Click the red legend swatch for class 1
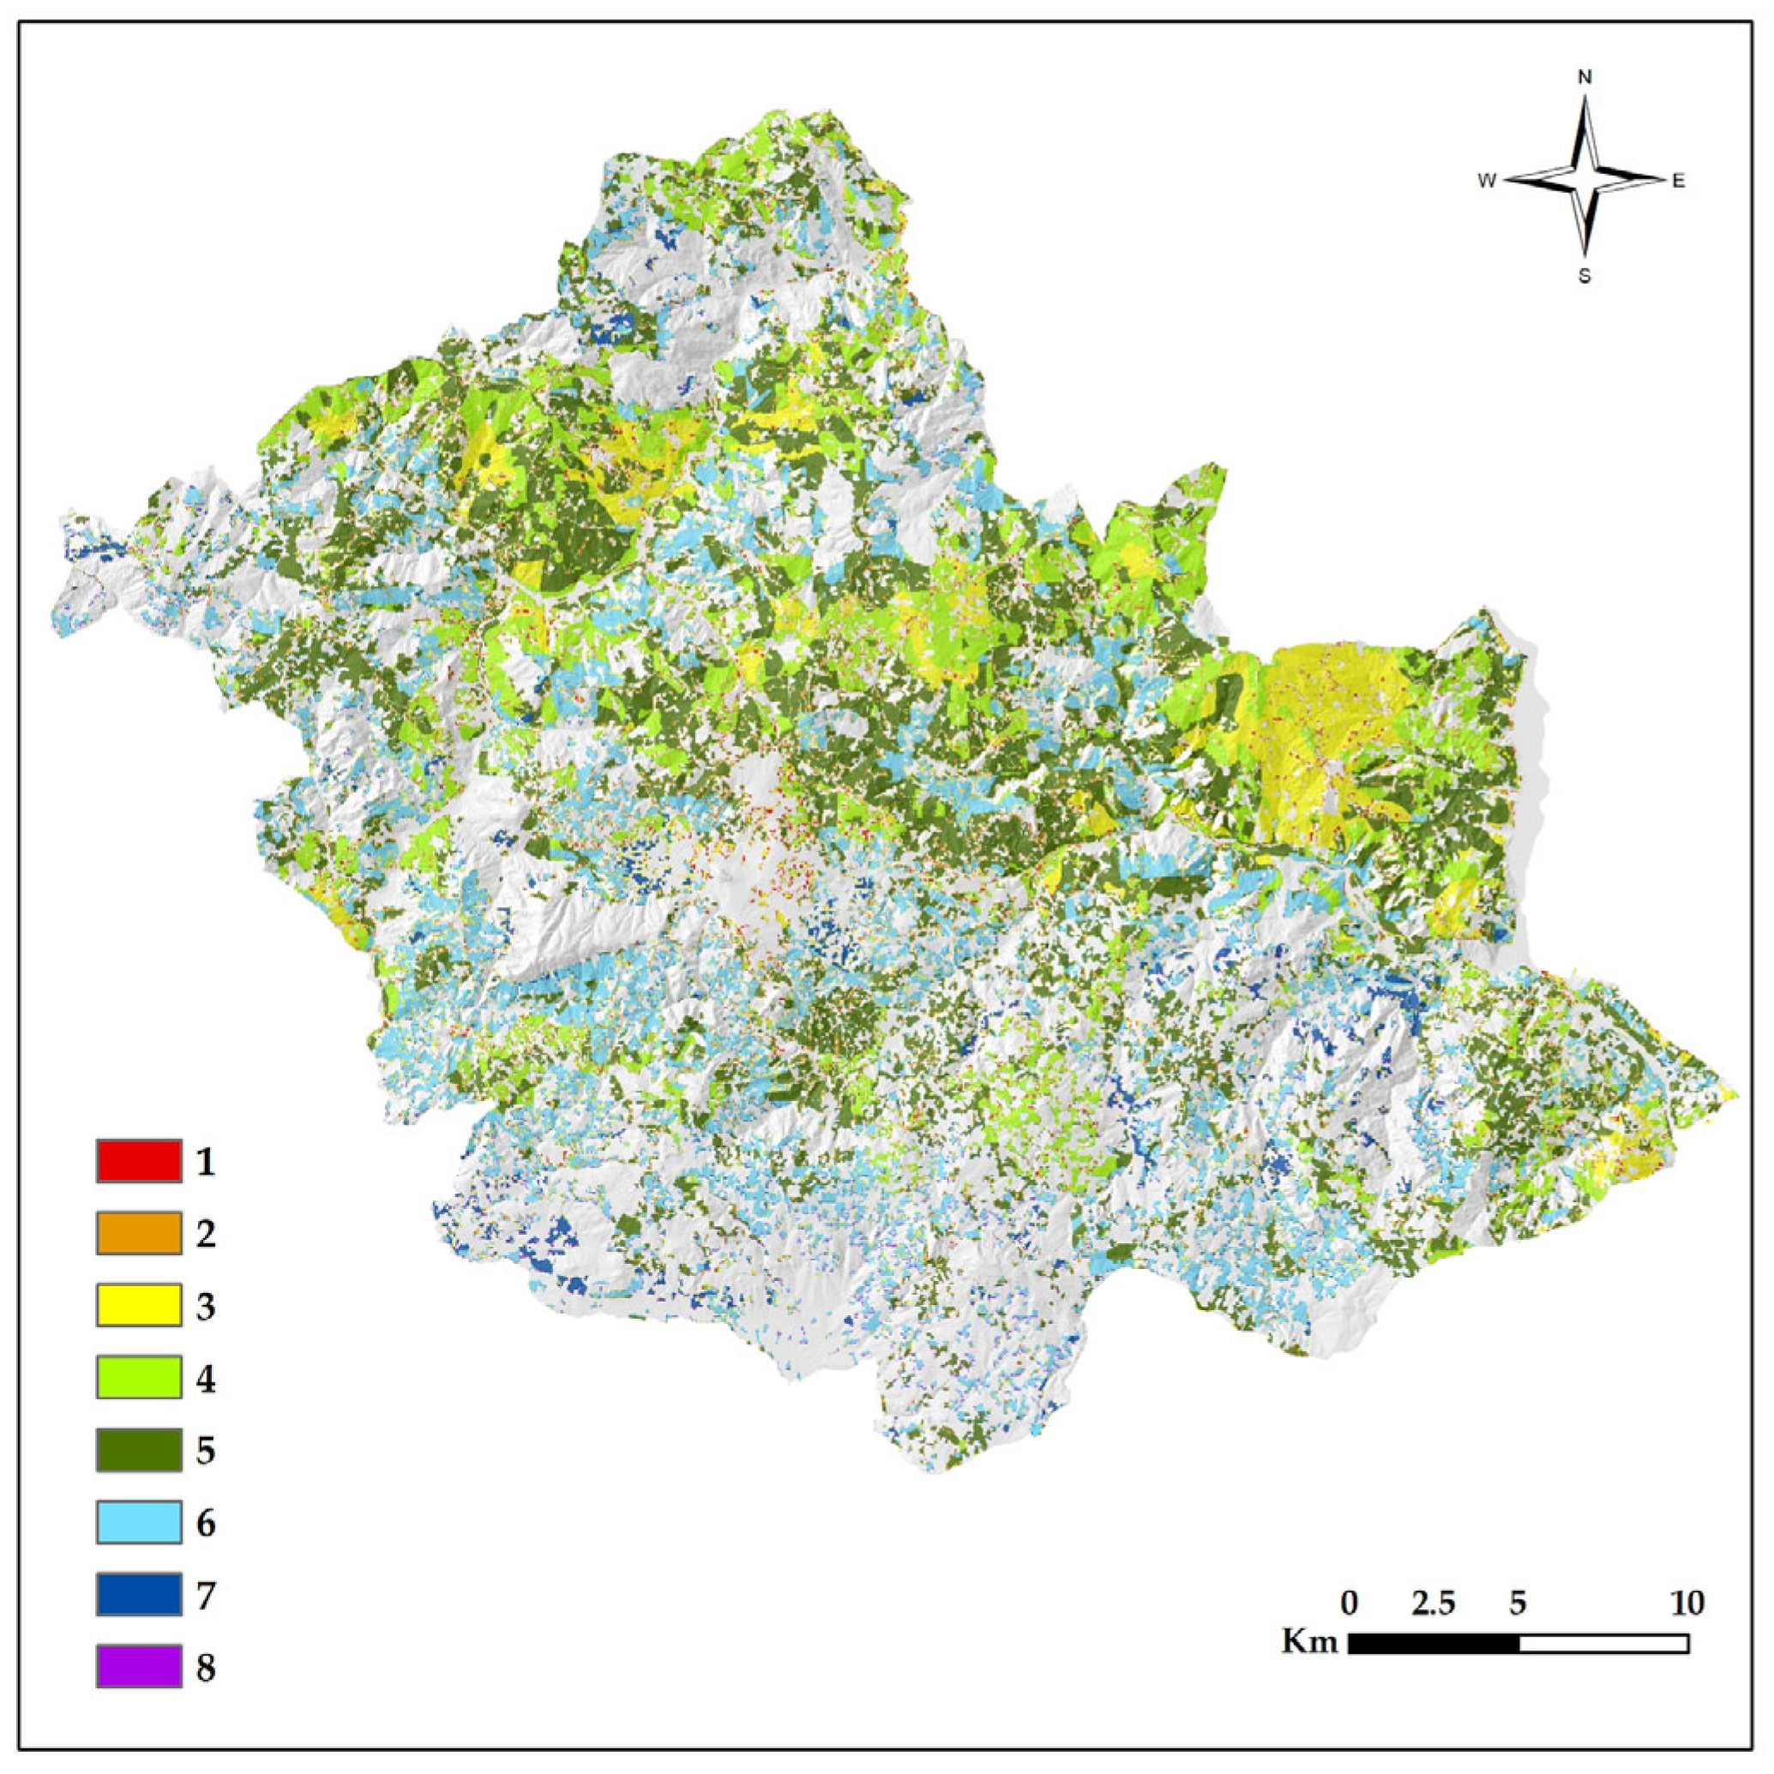click(139, 1161)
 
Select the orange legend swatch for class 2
click(139, 1233)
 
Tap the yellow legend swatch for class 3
click(139, 1306)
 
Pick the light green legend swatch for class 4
click(139, 1378)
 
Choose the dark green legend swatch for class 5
click(139, 1451)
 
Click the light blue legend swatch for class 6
click(139, 1523)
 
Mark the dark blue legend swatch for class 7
click(139, 1595)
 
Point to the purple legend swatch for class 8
click(139, 1667)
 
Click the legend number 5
click(206, 1451)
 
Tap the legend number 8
click(206, 1668)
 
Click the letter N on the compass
click(1585, 78)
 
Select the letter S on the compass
click(1585, 276)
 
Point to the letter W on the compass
click(1487, 181)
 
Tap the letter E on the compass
click(1679, 181)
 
